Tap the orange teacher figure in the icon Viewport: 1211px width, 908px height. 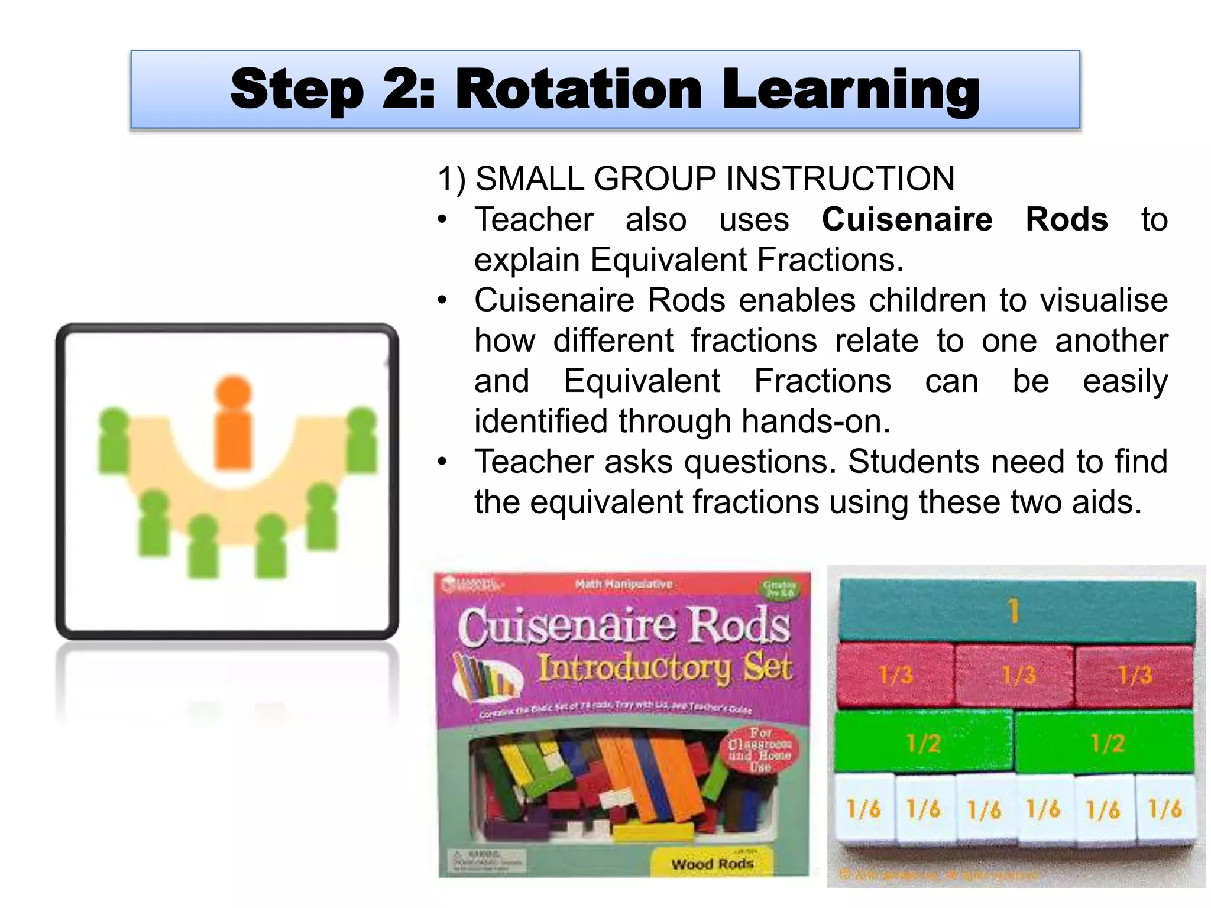234,422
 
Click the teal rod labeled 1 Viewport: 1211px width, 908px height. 1015,611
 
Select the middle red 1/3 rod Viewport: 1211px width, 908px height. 1016,675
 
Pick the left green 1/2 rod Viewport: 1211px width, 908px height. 923,742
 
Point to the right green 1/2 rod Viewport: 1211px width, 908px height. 1106,742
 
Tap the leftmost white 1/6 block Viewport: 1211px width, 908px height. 863,808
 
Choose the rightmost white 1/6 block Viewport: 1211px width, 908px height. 1165,808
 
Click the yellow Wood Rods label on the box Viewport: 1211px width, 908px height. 712,864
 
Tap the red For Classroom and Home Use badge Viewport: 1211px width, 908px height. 760,750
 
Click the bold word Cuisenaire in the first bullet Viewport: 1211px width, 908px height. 907,220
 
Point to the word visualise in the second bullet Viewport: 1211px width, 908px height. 1104,300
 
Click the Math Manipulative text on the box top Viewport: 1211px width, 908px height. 624,584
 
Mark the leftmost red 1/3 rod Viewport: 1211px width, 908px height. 895,675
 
